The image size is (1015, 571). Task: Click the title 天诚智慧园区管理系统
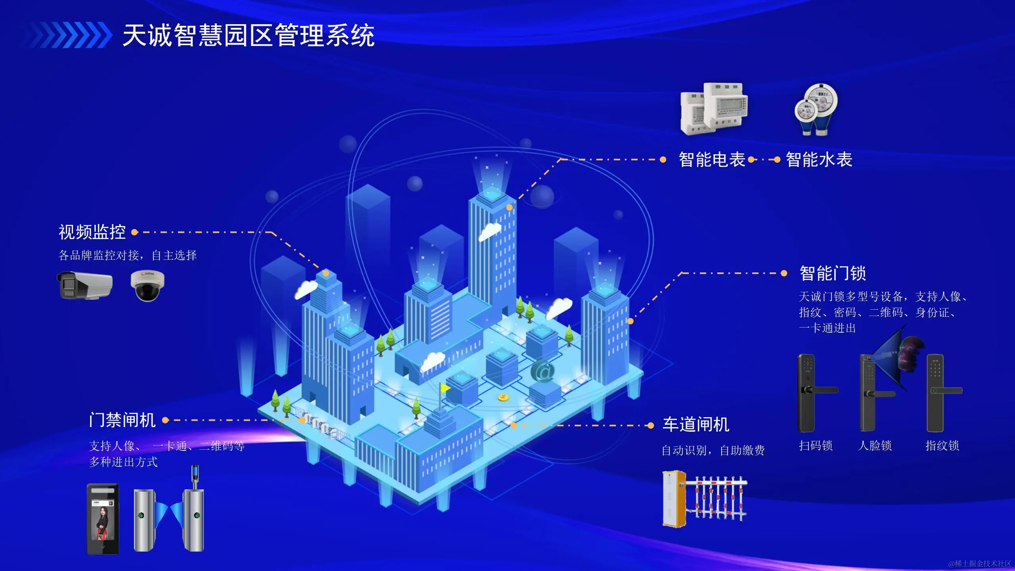(x=249, y=36)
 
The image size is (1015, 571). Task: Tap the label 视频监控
(x=92, y=232)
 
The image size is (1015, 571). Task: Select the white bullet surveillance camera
(x=85, y=284)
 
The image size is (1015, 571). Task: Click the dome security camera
(x=147, y=285)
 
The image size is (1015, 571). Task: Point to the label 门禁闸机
(x=122, y=420)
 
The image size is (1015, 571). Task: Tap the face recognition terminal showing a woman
(x=103, y=519)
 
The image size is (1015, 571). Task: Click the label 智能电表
(x=712, y=160)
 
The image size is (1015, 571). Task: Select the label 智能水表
(x=819, y=160)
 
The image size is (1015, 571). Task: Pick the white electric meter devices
(x=714, y=109)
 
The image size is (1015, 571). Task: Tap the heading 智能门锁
(x=833, y=273)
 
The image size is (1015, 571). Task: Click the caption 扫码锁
(x=816, y=446)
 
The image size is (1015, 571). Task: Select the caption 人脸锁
(x=875, y=446)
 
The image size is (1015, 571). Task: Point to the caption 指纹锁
(x=942, y=446)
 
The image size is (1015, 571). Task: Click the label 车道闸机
(x=696, y=425)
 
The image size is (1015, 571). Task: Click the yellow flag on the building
(x=445, y=388)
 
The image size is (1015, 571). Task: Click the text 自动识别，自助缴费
(x=713, y=450)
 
